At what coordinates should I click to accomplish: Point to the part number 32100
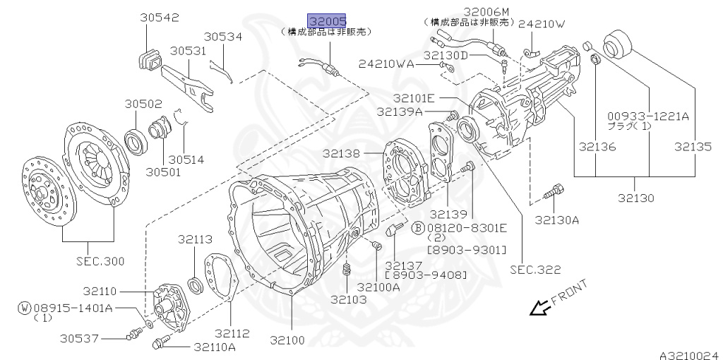[287, 340]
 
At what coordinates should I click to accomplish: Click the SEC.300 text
[100, 261]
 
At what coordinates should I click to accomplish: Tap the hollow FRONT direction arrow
[540, 308]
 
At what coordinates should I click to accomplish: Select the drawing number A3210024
[690, 354]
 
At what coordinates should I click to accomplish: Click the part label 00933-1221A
[648, 116]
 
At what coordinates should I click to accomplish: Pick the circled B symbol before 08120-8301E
[418, 227]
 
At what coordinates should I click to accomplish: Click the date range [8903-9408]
[425, 275]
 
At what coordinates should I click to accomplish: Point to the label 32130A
[556, 220]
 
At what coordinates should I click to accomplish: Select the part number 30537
[79, 338]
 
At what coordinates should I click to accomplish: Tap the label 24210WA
[386, 64]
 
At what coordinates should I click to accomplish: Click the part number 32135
[694, 147]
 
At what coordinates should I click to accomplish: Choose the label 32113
[195, 239]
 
